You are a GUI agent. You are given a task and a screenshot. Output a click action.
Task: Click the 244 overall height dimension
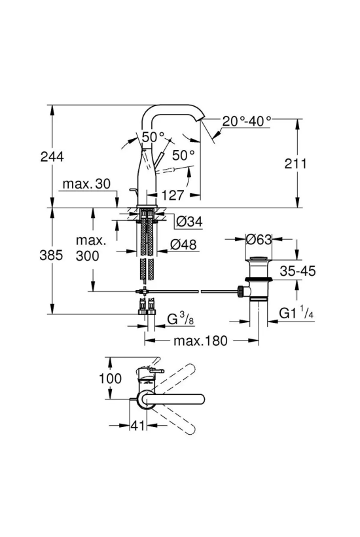tap(52, 157)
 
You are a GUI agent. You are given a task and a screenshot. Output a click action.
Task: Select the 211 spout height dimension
tap(296, 164)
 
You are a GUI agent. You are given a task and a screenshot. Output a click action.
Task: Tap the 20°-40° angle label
tap(247, 121)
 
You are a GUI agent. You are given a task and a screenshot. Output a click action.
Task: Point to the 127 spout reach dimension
tap(172, 195)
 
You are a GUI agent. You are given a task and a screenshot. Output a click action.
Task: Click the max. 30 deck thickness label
tap(86, 184)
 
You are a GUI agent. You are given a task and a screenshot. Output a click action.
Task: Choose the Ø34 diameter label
tap(189, 222)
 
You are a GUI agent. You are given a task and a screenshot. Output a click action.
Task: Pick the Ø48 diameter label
tap(183, 244)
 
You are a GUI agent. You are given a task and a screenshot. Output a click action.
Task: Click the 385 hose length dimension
tap(51, 255)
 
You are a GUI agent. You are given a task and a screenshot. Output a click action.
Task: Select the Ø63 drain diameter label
tap(259, 240)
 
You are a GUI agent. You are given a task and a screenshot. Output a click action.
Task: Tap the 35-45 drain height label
tap(298, 271)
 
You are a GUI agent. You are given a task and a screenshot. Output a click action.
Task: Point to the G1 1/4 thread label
tap(297, 312)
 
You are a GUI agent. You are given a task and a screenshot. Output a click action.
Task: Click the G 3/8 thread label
tap(181, 319)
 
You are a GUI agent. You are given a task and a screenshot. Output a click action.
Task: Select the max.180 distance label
tap(200, 341)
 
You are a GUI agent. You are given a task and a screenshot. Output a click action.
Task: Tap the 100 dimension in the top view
tap(110, 379)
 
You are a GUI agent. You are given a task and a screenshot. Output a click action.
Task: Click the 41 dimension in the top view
tap(137, 426)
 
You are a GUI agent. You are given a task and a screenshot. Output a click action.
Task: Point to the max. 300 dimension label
tap(90, 248)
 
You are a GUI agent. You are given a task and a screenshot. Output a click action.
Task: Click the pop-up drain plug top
tap(259, 257)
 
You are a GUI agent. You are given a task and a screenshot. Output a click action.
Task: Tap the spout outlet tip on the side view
tap(199, 120)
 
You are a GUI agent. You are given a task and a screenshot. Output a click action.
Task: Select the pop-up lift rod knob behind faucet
tap(132, 190)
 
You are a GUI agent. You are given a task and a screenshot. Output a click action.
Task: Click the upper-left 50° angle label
tap(153, 137)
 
